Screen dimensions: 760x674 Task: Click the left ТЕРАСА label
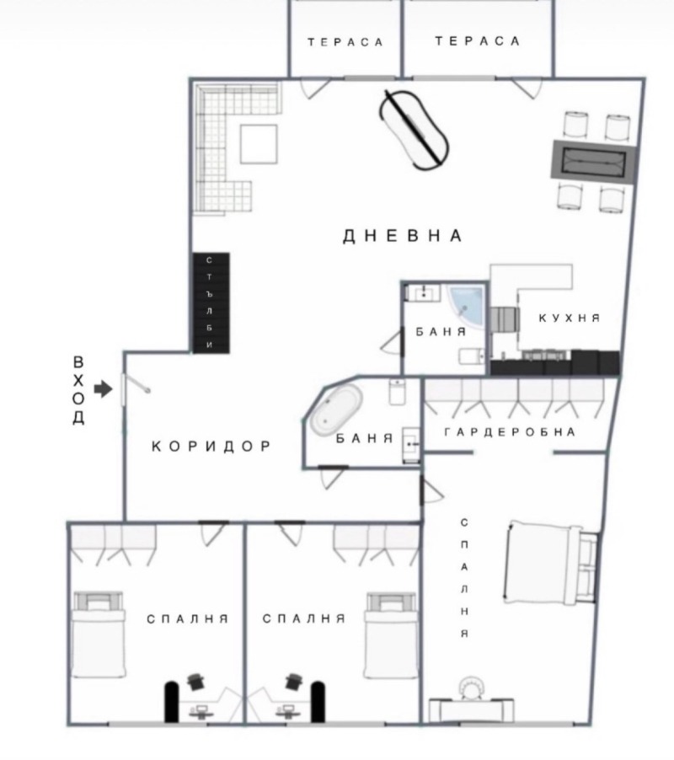[345, 42]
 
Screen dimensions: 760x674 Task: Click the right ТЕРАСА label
[478, 41]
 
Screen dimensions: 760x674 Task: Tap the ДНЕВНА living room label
[403, 236]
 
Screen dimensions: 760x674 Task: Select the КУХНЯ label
[570, 318]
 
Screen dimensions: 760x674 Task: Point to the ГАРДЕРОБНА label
[510, 432]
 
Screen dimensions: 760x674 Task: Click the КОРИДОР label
[211, 447]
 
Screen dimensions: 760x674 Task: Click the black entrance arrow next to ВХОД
[103, 389]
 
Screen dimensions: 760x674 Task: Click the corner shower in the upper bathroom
[466, 307]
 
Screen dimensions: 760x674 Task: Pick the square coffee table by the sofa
[259, 144]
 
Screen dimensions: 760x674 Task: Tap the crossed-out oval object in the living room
[415, 128]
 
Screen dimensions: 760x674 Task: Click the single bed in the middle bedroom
[390, 634]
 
